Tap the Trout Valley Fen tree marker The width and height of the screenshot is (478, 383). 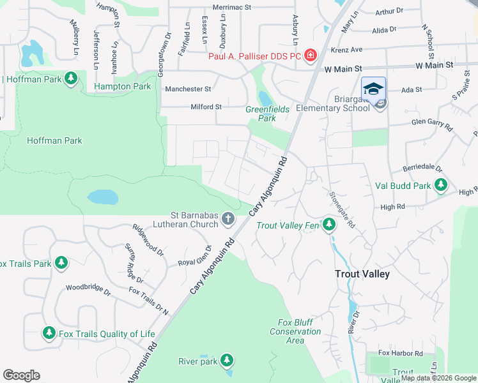coord(329,225)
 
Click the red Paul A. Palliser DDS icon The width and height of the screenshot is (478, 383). coord(311,56)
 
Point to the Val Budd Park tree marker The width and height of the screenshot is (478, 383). coord(440,186)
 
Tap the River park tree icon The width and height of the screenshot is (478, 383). coord(226,361)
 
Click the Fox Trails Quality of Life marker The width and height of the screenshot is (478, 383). coord(49,333)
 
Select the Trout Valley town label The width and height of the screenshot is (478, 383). coord(363,273)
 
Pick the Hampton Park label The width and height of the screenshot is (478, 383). coord(122,86)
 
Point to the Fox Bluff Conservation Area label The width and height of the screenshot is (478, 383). coord(295,331)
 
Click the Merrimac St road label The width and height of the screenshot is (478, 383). coord(232,6)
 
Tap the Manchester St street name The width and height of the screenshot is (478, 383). coord(188,89)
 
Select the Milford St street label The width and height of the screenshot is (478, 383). coord(206,107)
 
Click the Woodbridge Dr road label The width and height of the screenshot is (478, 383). coord(88,289)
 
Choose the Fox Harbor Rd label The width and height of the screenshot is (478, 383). coord(401,353)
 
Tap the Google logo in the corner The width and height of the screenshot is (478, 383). coord(21,375)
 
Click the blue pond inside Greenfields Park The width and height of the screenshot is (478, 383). coord(265,99)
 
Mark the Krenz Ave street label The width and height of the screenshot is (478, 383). coord(346,49)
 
